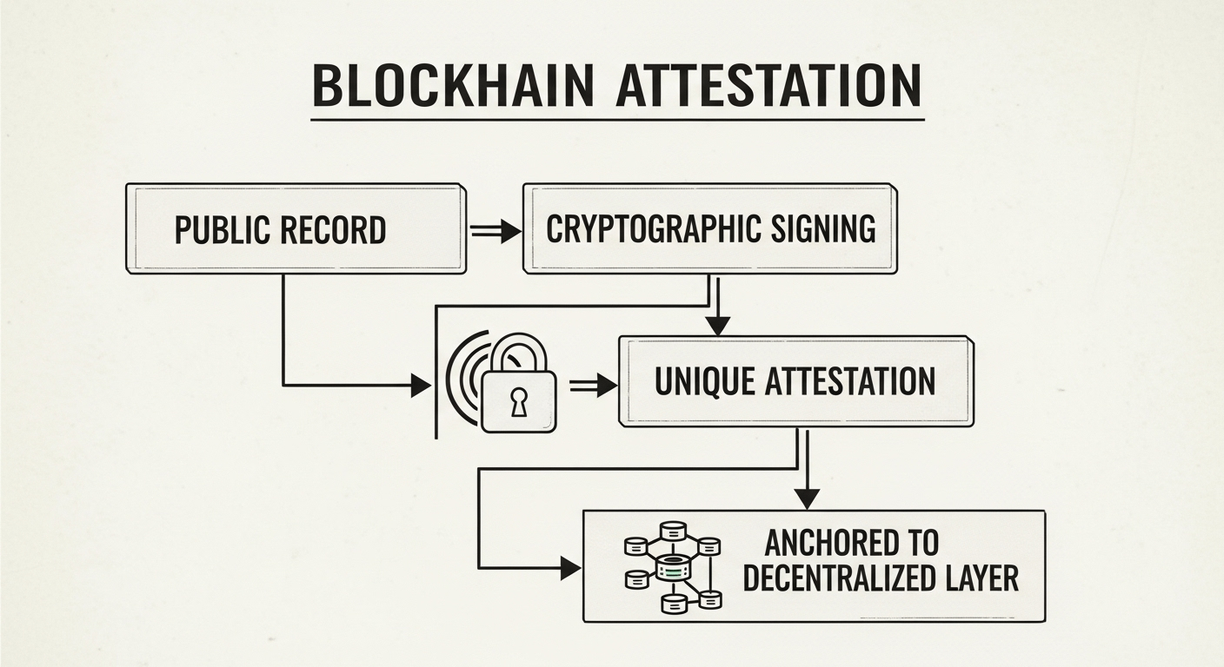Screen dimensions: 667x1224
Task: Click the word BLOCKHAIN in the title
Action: pyautogui.click(x=453, y=86)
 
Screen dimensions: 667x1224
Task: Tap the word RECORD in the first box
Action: pyautogui.click(x=332, y=230)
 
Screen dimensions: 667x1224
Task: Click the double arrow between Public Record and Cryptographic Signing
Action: pyautogui.click(x=495, y=230)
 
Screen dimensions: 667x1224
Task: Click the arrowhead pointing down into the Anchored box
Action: pyautogui.click(x=807, y=499)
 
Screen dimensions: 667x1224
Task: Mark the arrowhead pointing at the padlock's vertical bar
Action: pyautogui.click(x=420, y=385)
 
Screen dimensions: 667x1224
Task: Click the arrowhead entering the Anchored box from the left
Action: pyautogui.click(x=570, y=569)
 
